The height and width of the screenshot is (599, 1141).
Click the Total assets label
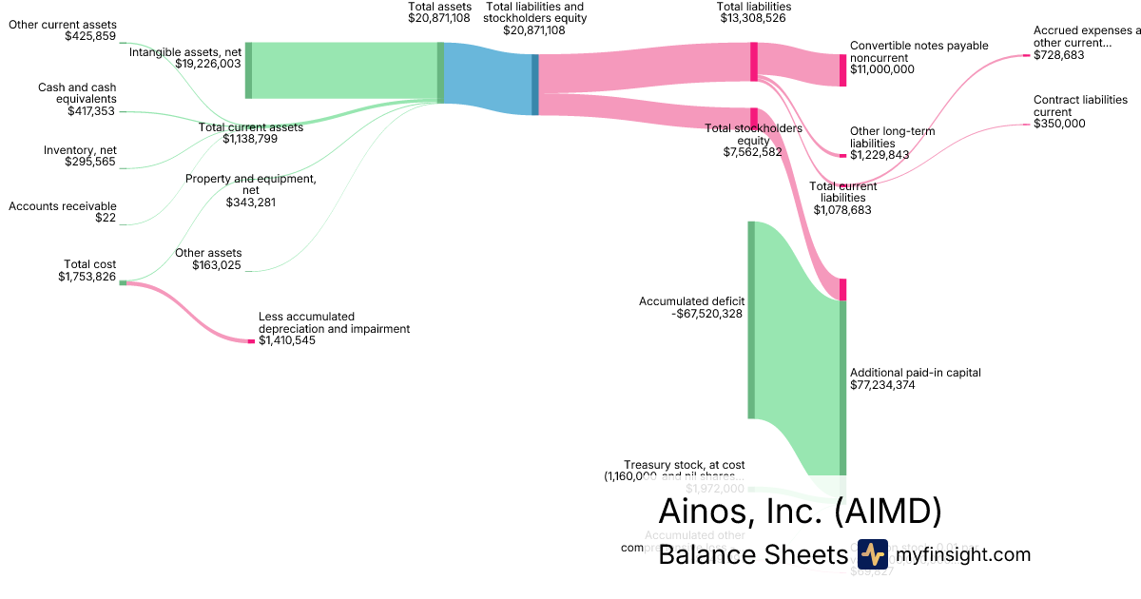438,7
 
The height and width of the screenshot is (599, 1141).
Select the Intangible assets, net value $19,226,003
208,64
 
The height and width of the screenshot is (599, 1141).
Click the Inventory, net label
80,150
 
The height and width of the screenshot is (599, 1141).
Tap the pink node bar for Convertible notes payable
842,70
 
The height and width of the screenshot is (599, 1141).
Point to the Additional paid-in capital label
916,373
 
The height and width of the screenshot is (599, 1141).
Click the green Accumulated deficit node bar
751,319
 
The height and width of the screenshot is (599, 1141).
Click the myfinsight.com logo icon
872,554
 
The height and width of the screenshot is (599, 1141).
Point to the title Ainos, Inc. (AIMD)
800,511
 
